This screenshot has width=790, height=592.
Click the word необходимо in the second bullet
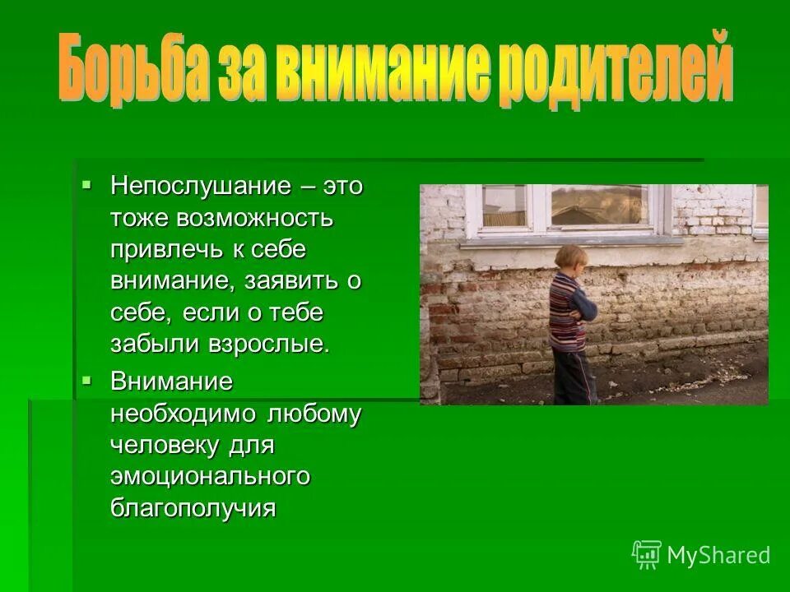[184, 414]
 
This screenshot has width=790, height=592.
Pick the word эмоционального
[210, 477]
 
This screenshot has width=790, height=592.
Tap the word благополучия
[193, 508]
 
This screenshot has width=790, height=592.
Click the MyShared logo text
[718, 555]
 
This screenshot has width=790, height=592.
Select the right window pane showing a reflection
[598, 206]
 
